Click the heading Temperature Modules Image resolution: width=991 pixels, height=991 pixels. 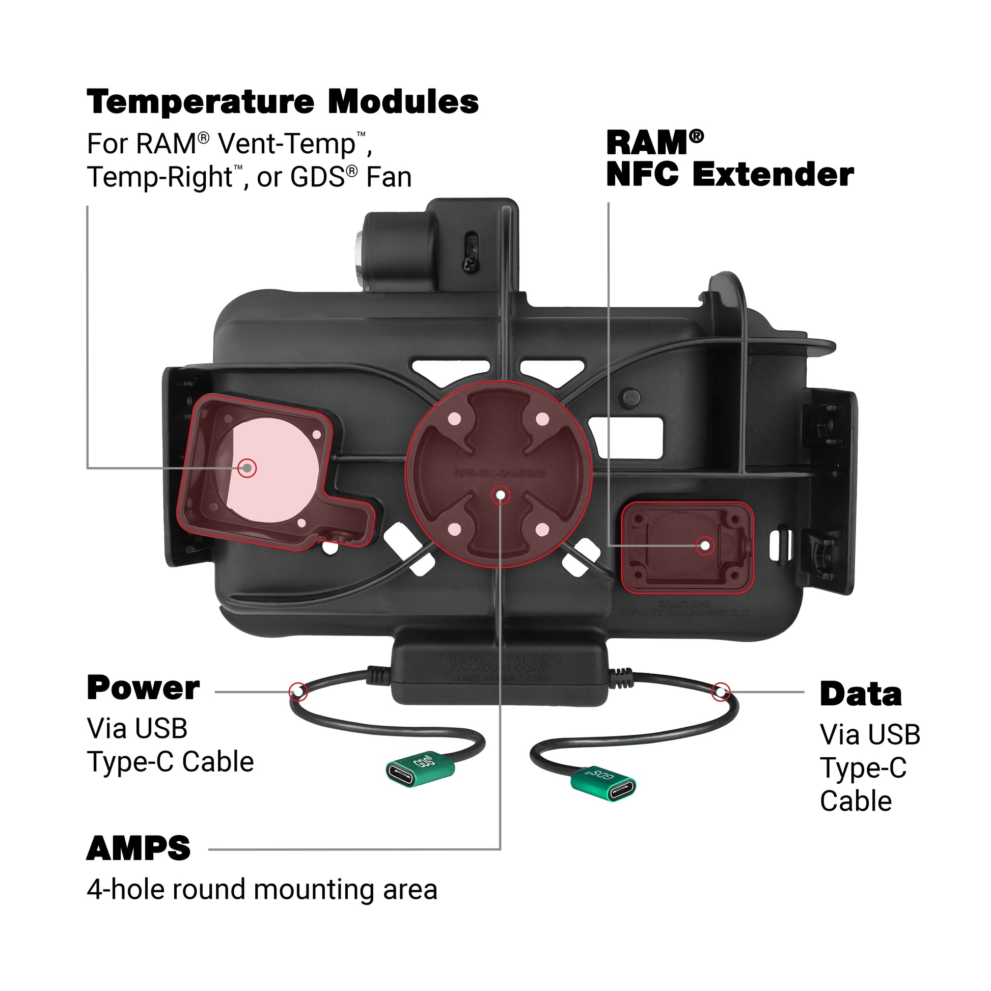(x=283, y=101)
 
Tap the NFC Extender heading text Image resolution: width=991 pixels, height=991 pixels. (x=729, y=175)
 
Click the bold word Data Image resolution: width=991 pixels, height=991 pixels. (x=860, y=695)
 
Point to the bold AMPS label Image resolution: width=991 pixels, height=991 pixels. (x=139, y=848)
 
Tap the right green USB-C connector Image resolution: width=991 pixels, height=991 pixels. (x=604, y=784)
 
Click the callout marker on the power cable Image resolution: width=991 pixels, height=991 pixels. (x=298, y=692)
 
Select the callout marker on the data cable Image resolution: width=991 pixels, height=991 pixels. (x=721, y=692)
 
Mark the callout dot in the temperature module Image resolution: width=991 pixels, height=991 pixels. (x=247, y=468)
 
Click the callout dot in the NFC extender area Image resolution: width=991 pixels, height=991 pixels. (x=705, y=545)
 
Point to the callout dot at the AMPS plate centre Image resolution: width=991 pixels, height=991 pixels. (x=500, y=495)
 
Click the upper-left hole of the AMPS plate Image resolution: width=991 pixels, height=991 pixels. (x=454, y=419)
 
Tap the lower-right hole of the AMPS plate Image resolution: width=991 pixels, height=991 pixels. (x=543, y=529)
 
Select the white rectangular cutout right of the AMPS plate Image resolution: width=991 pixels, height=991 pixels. (x=626, y=437)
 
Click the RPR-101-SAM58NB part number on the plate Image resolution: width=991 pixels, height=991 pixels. (x=499, y=473)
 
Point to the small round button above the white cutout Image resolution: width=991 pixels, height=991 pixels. (x=630, y=396)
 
